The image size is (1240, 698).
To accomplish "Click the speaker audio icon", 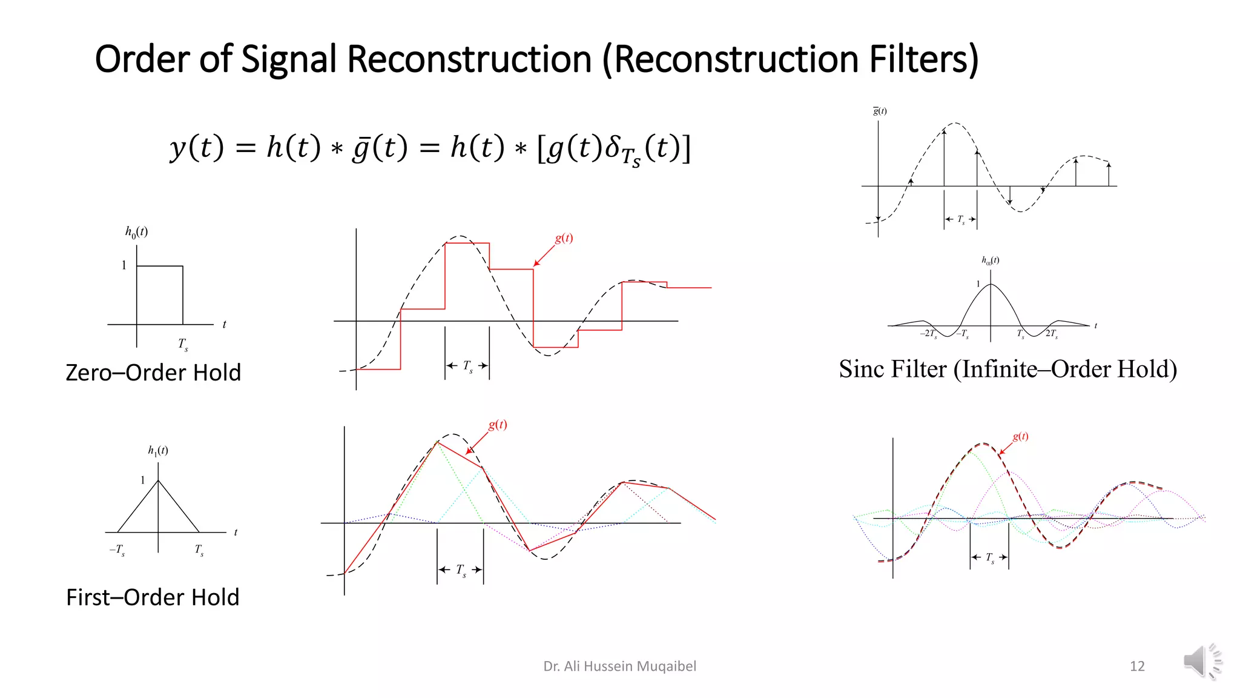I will pyautogui.click(x=1202, y=661).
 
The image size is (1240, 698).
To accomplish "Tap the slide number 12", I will pyautogui.click(x=1137, y=666).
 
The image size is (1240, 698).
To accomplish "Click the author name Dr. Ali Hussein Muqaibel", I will pyautogui.click(x=619, y=666).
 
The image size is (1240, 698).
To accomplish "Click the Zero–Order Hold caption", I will pyautogui.click(x=153, y=373).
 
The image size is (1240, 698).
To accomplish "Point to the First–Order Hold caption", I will pyautogui.click(x=153, y=597).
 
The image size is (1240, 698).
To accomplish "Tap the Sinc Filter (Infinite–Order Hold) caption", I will pyautogui.click(x=1007, y=369).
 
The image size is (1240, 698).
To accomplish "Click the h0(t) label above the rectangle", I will pyautogui.click(x=136, y=231).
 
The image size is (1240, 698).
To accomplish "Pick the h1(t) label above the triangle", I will pyautogui.click(x=158, y=450).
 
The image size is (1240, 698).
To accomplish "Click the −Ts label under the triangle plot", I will pyautogui.click(x=117, y=550).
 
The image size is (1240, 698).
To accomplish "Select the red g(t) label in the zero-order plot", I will pyautogui.click(x=564, y=238).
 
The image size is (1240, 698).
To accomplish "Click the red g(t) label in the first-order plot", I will pyautogui.click(x=498, y=425).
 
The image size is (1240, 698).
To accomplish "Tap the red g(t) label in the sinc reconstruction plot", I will pyautogui.click(x=1020, y=436).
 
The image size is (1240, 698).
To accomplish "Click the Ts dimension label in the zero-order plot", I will pyautogui.click(x=467, y=367).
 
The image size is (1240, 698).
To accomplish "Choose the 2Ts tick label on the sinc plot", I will pyautogui.click(x=1052, y=334).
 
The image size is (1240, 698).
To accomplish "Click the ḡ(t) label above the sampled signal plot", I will pyautogui.click(x=880, y=111).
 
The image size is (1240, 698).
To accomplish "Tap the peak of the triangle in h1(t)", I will pyautogui.click(x=158, y=480).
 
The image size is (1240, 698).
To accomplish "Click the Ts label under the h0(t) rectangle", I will pyautogui.click(x=183, y=345).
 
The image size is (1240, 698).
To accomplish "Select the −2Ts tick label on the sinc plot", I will pyautogui.click(x=929, y=334).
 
